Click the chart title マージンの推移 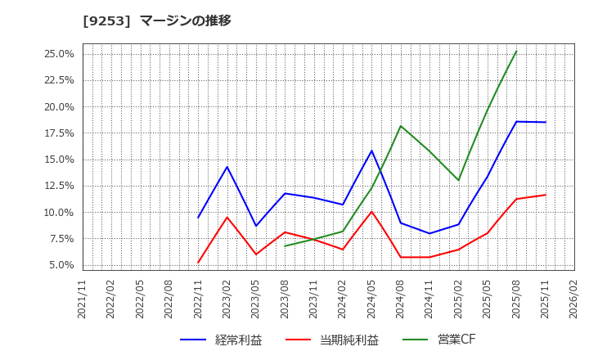(x=185, y=20)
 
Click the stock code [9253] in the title (x=107, y=20)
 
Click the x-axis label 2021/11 (x=83, y=299)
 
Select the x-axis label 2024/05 (x=371, y=299)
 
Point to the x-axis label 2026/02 (x=574, y=299)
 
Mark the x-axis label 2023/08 (x=285, y=299)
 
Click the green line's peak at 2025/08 (x=516, y=52)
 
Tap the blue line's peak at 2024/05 (x=371, y=151)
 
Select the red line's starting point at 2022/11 (x=198, y=263)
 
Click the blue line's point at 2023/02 (x=227, y=167)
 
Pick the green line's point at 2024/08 (x=401, y=126)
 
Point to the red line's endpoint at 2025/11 (x=546, y=195)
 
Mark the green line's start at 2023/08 (x=285, y=245)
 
